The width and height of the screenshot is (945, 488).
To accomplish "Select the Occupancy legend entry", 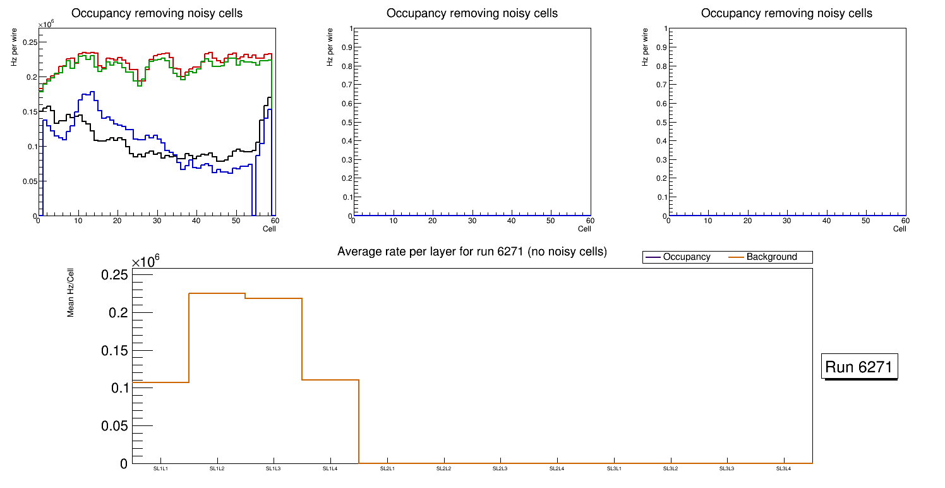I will click(x=686, y=257).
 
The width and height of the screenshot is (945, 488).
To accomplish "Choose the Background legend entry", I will click(x=771, y=257).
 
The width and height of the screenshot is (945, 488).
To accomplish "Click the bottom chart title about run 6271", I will click(x=472, y=252).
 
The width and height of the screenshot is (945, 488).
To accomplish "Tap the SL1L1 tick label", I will click(x=160, y=468).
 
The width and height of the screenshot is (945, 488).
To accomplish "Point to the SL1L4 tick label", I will click(x=330, y=468).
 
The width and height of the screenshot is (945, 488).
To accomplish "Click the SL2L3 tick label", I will click(x=500, y=468).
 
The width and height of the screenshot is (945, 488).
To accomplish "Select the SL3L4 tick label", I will click(x=783, y=468).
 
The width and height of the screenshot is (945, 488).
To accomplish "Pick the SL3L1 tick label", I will click(x=614, y=468).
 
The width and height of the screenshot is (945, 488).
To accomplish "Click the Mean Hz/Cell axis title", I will click(x=71, y=296).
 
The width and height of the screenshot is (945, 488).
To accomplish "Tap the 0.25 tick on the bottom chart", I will click(x=114, y=275).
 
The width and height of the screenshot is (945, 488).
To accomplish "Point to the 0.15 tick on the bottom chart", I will click(x=114, y=351).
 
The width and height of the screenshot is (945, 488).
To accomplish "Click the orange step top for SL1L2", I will click(x=217, y=293).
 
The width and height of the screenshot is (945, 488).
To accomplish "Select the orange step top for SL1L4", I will click(x=330, y=380).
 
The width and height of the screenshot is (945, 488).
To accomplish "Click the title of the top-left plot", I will click(x=157, y=13).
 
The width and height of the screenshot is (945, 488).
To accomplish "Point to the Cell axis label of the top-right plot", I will click(x=900, y=229).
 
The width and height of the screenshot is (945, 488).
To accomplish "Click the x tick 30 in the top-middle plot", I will click(x=472, y=221).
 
